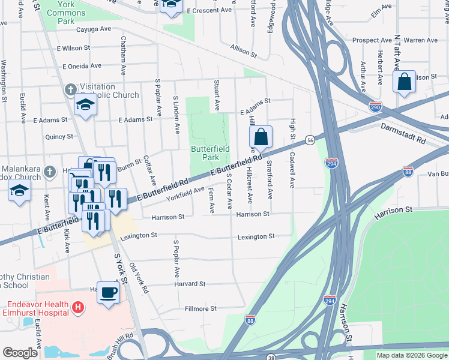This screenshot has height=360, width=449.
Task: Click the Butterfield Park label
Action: coord(204,152)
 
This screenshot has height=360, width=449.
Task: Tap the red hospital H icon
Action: coord(77,308)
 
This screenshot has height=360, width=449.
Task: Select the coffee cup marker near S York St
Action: coord(108,293)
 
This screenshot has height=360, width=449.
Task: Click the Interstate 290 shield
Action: coord(375,106)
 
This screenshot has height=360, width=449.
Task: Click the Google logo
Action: coord(20,353)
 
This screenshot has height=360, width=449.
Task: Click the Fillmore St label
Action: coord(200,308)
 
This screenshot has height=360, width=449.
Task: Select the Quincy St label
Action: coord(59,137)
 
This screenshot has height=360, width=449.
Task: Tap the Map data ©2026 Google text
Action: coord(411,355)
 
